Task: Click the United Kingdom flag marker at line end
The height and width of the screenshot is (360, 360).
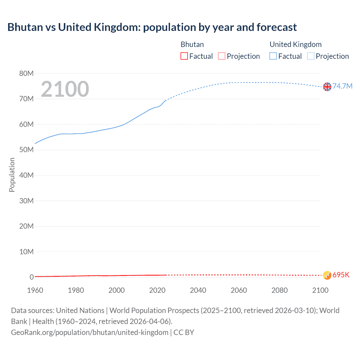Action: (327, 87)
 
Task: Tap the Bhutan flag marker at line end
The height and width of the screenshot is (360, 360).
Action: (327, 275)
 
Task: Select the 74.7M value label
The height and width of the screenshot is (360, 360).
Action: (342, 86)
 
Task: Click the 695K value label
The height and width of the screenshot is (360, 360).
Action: (341, 275)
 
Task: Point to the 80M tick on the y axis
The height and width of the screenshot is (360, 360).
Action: (26, 73)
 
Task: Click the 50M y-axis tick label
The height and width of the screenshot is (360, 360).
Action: (26, 150)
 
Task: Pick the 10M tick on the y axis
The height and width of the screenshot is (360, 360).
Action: (26, 251)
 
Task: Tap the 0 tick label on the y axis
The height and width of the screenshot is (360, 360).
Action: (31, 277)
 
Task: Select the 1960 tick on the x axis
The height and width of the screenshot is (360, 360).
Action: (35, 290)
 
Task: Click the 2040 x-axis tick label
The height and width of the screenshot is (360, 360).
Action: (198, 290)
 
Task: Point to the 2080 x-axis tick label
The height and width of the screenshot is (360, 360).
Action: (280, 290)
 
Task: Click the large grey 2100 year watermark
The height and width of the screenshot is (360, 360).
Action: (65, 89)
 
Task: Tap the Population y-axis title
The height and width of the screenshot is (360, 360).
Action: (12, 175)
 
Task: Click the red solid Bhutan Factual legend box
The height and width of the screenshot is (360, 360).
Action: (184, 56)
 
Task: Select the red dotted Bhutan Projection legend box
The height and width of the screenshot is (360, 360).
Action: (222, 56)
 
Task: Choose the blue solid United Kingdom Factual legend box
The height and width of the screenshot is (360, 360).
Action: (273, 56)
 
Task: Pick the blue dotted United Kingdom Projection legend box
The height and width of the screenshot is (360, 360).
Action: (310, 56)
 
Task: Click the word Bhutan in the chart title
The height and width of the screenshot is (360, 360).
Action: (25, 27)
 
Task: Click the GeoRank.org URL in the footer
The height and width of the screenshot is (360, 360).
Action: (89, 332)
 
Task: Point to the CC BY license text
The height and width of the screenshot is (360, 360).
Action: (184, 332)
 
